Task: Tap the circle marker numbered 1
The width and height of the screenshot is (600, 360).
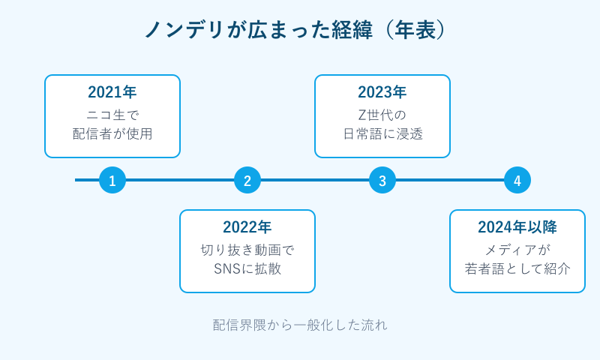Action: (x=112, y=180)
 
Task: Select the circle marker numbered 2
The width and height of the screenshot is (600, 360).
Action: (x=247, y=180)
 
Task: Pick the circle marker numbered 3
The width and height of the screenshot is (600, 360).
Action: (x=382, y=180)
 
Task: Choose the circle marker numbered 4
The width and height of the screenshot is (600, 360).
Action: (x=517, y=180)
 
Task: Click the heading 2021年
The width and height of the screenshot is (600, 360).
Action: (x=112, y=93)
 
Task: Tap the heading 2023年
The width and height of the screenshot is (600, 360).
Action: (x=382, y=93)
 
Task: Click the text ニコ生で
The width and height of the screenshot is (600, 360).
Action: (x=112, y=115)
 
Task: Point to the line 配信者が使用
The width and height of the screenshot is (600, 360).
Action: (x=112, y=134)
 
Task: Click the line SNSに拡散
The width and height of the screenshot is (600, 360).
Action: (x=247, y=269)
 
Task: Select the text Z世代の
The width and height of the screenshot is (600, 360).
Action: (x=382, y=115)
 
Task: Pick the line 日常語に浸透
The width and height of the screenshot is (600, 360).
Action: (x=382, y=134)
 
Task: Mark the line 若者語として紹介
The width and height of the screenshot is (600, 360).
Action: (x=517, y=269)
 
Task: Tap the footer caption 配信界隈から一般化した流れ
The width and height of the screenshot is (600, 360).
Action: (x=300, y=325)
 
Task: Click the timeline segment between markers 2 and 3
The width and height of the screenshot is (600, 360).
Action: (x=315, y=180)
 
